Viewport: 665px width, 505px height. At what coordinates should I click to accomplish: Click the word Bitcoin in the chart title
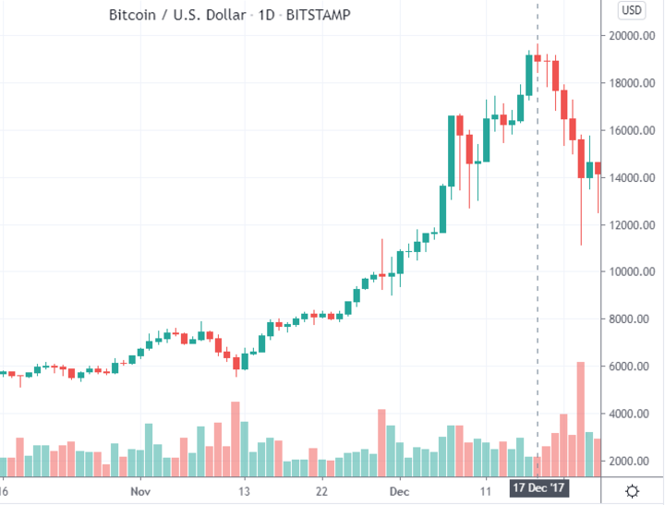coord(132,15)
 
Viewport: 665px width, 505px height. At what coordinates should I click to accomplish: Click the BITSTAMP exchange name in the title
coord(318,15)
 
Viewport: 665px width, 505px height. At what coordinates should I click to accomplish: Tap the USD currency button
coord(632,10)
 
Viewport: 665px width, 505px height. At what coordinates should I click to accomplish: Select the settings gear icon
coord(632,491)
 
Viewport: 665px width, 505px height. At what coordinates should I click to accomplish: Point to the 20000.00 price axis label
coord(632,36)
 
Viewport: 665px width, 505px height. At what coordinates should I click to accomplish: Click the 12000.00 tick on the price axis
coord(632,225)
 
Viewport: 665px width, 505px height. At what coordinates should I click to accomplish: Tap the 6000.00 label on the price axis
coord(632,367)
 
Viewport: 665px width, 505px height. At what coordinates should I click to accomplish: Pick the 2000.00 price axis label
coord(632,461)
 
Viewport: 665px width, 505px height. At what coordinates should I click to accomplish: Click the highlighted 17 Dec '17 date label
coord(538,488)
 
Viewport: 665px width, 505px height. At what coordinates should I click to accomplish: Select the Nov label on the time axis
coord(140,491)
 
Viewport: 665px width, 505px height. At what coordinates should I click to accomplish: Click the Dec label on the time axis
coord(400,491)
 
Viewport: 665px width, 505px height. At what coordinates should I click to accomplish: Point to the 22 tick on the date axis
coord(321,491)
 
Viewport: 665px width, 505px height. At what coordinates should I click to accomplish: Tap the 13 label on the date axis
coord(244,491)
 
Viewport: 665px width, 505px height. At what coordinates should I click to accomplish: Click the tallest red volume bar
coord(581,419)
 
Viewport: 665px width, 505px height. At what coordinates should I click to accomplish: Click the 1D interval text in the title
coord(266,15)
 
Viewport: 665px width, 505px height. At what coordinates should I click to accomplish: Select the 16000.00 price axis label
coord(632,130)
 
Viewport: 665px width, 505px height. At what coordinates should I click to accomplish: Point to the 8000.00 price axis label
coord(632,319)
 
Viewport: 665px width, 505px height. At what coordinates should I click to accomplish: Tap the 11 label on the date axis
coord(486,491)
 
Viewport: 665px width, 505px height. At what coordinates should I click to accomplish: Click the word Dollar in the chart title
coord(226,15)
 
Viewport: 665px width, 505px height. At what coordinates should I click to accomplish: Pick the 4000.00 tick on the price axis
coord(632,414)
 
